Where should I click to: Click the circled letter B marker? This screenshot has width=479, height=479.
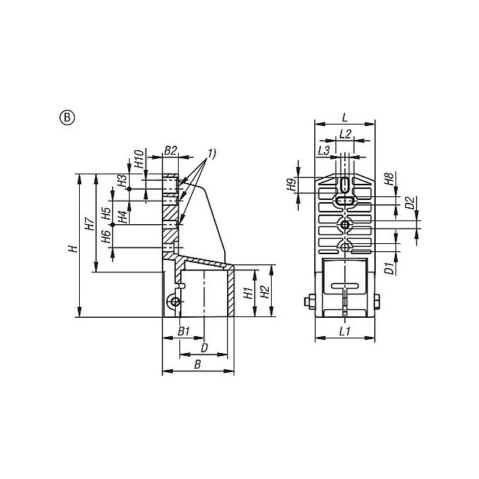[x=67, y=118]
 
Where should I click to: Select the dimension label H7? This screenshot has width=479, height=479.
[x=90, y=223]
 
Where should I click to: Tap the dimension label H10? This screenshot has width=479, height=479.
[x=139, y=159]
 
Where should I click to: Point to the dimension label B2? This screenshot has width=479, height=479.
[x=171, y=150]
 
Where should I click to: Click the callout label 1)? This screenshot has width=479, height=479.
[x=212, y=153]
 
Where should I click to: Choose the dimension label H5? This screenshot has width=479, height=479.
[x=105, y=214]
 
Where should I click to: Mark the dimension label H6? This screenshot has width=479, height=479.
[x=105, y=237]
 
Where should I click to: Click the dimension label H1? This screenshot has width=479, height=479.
[x=248, y=293]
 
